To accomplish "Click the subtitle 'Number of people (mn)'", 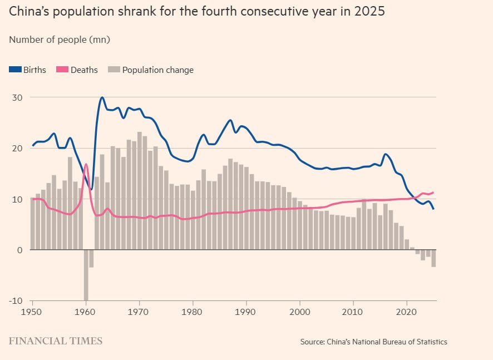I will [x=60, y=40].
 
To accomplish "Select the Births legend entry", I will [x=28, y=70].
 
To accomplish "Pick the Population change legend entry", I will [x=151, y=70].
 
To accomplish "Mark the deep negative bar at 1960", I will [x=86, y=275].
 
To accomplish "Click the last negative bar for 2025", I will [x=433, y=258].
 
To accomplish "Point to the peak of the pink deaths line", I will [x=86, y=164].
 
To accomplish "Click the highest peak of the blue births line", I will [x=102, y=97].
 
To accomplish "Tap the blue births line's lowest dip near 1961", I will [x=91, y=189].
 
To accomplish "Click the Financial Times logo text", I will [x=55, y=341].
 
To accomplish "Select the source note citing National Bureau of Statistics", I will [x=373, y=342].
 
